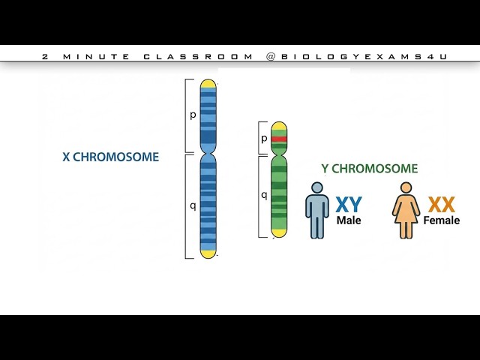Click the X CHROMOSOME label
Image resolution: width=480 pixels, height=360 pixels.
110,157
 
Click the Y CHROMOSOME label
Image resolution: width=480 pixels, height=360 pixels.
369,169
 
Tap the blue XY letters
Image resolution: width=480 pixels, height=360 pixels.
349,205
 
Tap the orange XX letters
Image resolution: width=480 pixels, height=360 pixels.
441,205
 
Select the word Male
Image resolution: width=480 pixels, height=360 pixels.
349,221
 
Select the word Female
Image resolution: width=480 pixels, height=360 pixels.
441,221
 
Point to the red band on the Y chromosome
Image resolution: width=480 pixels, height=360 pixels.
279,139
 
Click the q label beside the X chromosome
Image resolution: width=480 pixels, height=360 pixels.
193,205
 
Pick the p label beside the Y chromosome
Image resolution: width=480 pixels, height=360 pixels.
264,139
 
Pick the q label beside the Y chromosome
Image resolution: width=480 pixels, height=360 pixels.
264,195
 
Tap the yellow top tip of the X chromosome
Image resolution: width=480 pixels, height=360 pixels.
208,82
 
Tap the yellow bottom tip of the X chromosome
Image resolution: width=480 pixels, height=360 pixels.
208,253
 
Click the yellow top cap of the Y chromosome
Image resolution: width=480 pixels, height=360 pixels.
279,125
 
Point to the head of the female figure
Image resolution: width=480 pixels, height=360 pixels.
406,187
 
